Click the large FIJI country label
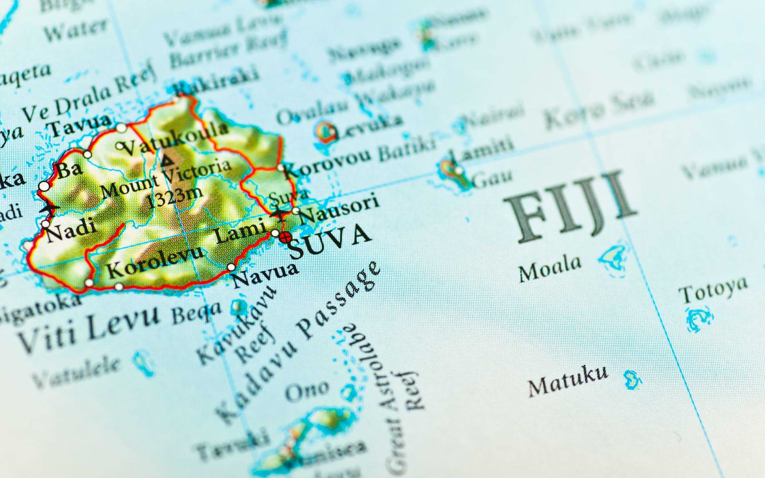tap(571, 208)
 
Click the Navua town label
tap(265, 274)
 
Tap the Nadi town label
tap(71, 230)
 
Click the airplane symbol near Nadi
tap(49, 208)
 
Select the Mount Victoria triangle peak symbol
tap(167, 160)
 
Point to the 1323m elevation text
tap(174, 197)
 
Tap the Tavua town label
tap(80, 124)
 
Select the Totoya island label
tap(713, 290)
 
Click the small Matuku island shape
tap(632, 379)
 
